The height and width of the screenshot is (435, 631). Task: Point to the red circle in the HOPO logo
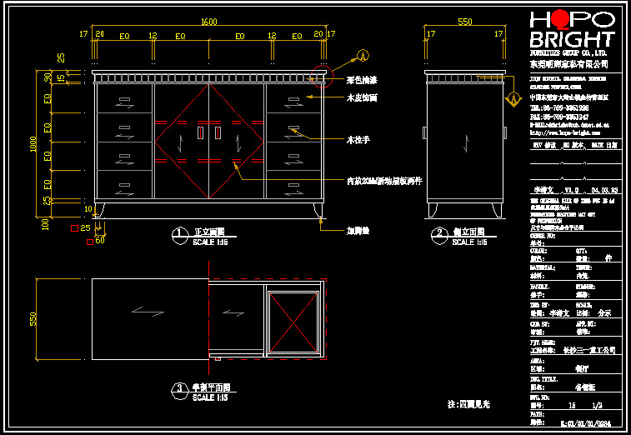click(560, 19)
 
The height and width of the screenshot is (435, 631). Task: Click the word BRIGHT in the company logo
click(572, 39)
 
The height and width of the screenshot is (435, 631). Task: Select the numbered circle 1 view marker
click(178, 234)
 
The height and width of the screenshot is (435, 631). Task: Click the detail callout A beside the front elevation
click(363, 56)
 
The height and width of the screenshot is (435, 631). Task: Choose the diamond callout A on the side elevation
click(513, 97)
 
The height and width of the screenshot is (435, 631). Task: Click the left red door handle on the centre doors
click(200, 133)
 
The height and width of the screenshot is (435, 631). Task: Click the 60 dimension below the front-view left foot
click(101, 240)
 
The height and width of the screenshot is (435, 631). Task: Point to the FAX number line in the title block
click(559, 116)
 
